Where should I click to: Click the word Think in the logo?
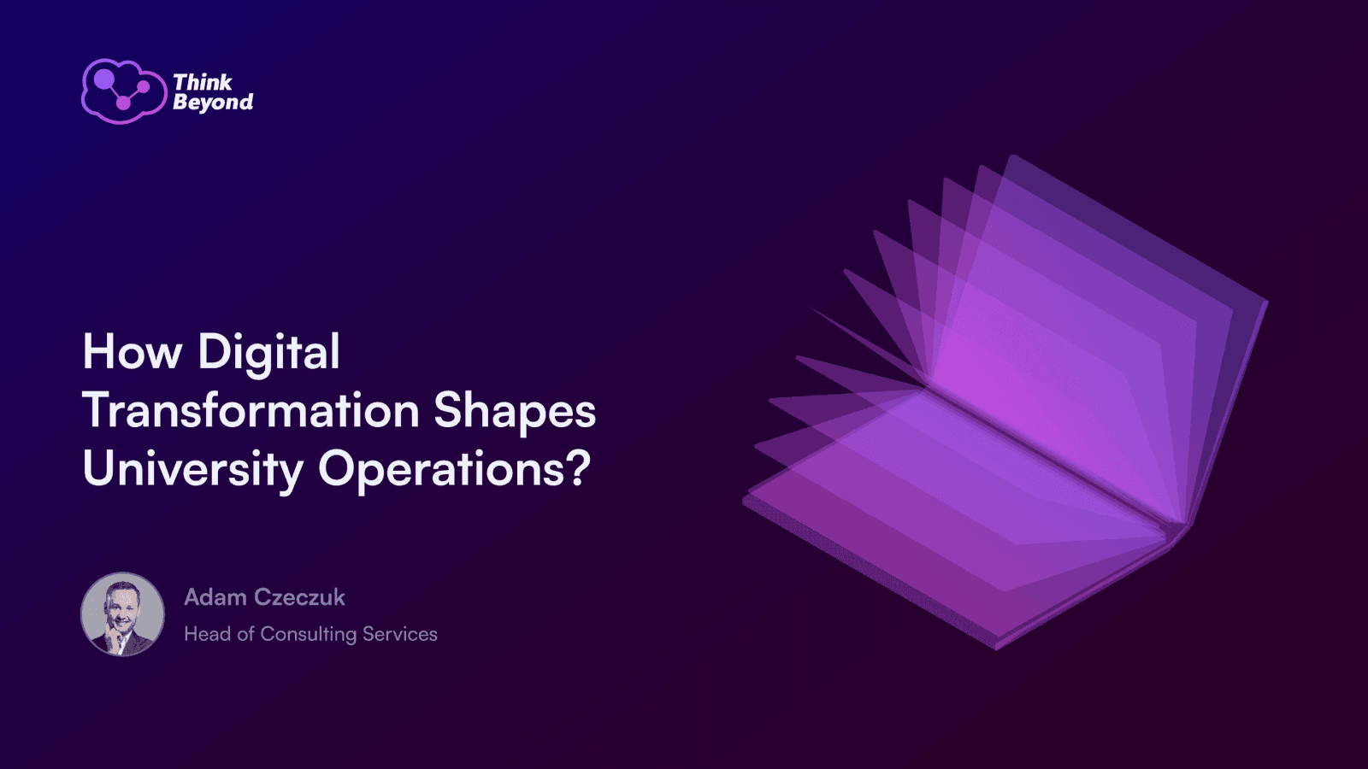pos(203,82)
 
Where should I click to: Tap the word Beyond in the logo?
pos(213,103)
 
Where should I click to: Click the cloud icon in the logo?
pos(124,91)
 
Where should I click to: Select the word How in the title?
pos(133,351)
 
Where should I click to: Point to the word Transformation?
pos(251,409)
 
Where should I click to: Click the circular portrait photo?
pos(123,614)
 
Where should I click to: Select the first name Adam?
pos(215,597)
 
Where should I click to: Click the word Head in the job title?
pos(208,634)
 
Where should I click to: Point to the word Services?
pos(400,634)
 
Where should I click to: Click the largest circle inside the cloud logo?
pos(103,78)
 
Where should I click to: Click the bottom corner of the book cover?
pos(996,649)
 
